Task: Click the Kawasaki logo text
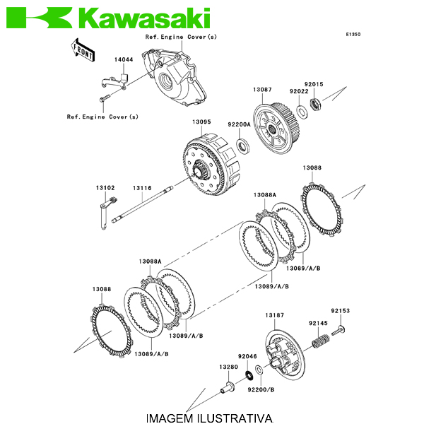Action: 145,17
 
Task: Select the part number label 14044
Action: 124,61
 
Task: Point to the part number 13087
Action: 262,90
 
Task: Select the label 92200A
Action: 239,124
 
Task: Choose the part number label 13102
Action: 105,188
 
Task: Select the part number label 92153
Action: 340,310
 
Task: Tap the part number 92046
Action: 247,356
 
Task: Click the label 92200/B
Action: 261,388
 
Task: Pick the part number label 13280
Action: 228,367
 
